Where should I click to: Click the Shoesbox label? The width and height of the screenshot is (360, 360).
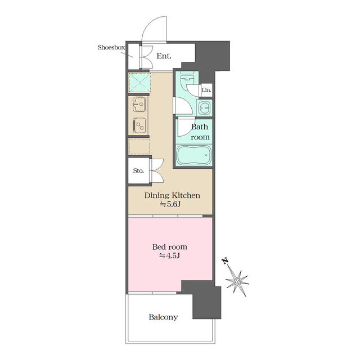click(x=111, y=47)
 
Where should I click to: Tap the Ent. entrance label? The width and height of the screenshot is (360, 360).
click(x=164, y=56)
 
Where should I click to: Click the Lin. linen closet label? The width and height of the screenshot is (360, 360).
click(x=206, y=90)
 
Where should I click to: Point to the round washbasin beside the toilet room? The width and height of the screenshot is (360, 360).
click(x=204, y=107)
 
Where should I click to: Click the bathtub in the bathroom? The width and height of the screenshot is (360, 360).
click(x=193, y=155)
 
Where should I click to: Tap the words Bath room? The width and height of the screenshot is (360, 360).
click(x=200, y=132)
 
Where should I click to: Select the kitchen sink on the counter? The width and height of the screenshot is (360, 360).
click(x=139, y=104)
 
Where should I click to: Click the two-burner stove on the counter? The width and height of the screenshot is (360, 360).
click(x=139, y=125)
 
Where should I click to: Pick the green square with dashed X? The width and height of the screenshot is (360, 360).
click(x=139, y=83)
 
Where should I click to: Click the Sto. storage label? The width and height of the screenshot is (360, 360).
click(x=138, y=170)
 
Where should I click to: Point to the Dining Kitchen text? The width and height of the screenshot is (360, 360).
click(x=172, y=195)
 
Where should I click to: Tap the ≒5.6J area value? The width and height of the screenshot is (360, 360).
click(x=170, y=204)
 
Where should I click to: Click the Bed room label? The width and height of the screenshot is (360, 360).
click(x=170, y=247)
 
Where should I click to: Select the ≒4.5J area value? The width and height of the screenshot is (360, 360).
click(x=170, y=255)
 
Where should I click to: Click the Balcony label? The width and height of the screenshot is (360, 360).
click(x=163, y=317)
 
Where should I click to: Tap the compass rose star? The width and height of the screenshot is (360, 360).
click(x=237, y=282)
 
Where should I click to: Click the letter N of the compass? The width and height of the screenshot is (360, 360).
click(x=225, y=261)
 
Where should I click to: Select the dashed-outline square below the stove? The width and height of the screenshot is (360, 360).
click(x=139, y=146)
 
